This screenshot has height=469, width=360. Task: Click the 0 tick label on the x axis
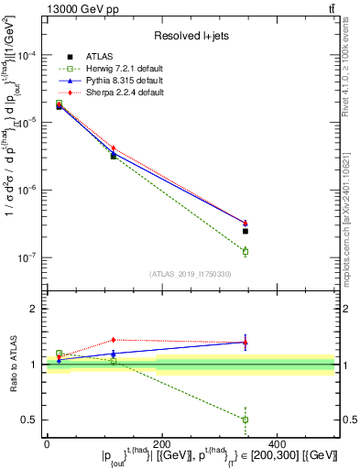[x=47, y=442]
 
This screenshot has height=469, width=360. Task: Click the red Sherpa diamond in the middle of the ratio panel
[x=114, y=340]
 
